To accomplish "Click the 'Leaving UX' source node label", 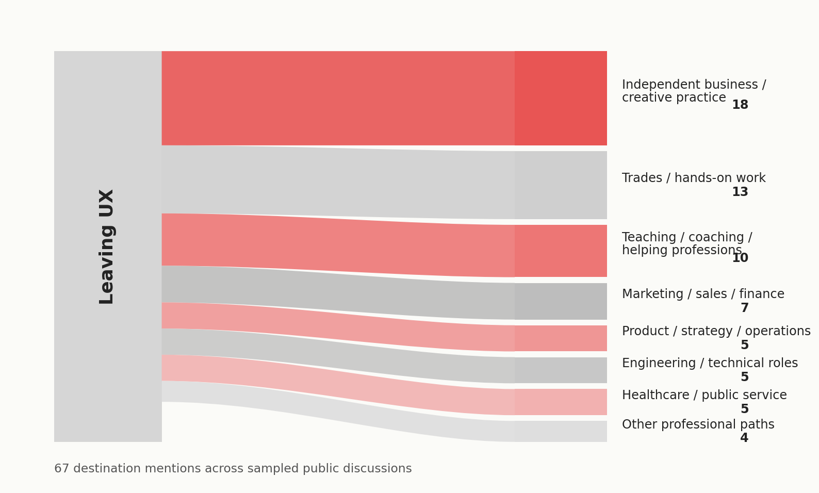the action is [x=107, y=247].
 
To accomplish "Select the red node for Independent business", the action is [x=561, y=98].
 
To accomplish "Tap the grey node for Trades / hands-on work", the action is [x=561, y=185].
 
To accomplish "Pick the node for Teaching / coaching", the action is [x=561, y=251].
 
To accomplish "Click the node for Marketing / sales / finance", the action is [x=561, y=302].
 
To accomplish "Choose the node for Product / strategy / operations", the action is [x=561, y=338].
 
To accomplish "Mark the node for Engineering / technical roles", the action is [x=561, y=370].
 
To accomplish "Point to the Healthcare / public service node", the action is [x=561, y=402].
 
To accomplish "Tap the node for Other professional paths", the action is [x=561, y=431].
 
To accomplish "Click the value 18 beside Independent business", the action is [x=740, y=105].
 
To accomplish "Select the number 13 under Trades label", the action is [x=740, y=192].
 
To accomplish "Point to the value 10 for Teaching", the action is [x=740, y=258].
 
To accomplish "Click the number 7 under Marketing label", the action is [x=744, y=308].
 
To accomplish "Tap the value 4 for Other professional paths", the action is [x=744, y=438].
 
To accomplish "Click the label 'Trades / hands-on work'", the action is [x=694, y=178].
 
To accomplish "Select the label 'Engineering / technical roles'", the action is [x=710, y=363].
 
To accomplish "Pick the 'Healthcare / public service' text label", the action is [x=704, y=396].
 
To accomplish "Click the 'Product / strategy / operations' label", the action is [x=716, y=332].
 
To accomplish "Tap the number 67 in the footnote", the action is [x=61, y=469].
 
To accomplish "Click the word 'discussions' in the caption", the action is [x=384, y=469].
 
